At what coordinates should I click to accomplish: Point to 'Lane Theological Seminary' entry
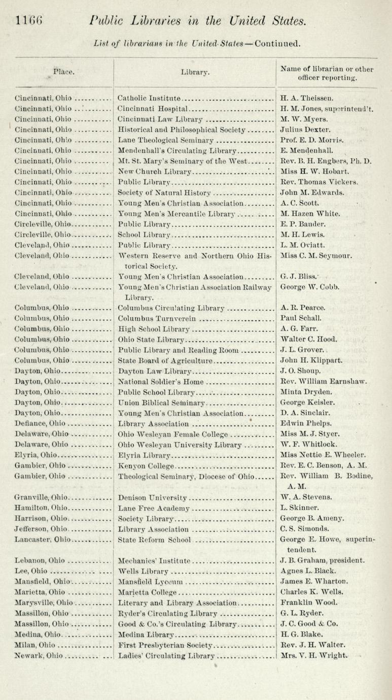(166, 140)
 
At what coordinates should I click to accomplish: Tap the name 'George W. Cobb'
(309, 287)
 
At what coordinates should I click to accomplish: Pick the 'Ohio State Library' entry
(152, 339)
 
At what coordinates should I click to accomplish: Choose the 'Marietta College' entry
(147, 592)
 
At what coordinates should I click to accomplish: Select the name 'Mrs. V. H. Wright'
(313, 655)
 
